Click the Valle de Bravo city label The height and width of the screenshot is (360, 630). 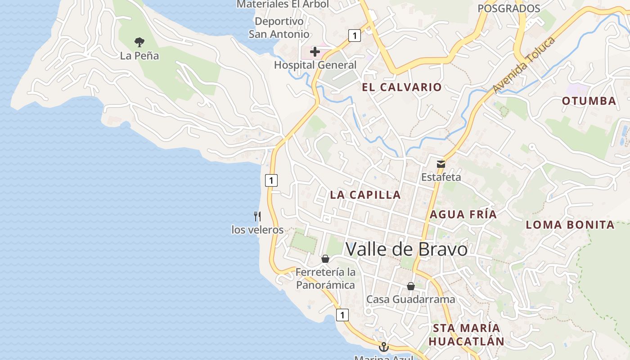pyautogui.click(x=406, y=249)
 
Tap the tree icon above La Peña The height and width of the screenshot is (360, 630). pyautogui.click(x=139, y=42)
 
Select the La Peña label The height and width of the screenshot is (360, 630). pyautogui.click(x=139, y=56)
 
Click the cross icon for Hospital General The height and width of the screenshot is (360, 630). pyautogui.click(x=315, y=52)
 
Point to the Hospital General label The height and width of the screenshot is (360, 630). pyautogui.click(x=315, y=65)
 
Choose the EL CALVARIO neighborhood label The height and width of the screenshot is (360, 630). pyautogui.click(x=402, y=87)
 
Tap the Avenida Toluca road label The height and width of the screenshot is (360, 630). pyautogui.click(x=524, y=66)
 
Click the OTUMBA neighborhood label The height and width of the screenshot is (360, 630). pyautogui.click(x=589, y=101)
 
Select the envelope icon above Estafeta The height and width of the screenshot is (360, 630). pyautogui.click(x=441, y=164)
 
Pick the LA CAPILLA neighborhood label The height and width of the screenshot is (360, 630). pyautogui.click(x=365, y=195)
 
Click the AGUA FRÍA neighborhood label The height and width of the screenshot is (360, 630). pyautogui.click(x=463, y=215)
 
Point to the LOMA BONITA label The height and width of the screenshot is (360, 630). pyautogui.click(x=570, y=225)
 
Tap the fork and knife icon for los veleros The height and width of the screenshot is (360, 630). pyautogui.click(x=257, y=216)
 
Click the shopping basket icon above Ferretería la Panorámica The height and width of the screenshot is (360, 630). pyautogui.click(x=325, y=259)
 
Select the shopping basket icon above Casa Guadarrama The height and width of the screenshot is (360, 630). pyautogui.click(x=410, y=286)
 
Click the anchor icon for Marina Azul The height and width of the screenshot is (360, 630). pyautogui.click(x=383, y=347)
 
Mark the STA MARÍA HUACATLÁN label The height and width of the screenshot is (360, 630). pyautogui.click(x=466, y=334)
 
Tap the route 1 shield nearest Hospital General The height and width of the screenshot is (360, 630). pyautogui.click(x=355, y=36)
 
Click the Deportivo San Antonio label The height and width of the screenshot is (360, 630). pyautogui.click(x=279, y=27)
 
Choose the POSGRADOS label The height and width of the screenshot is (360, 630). pyautogui.click(x=508, y=9)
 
